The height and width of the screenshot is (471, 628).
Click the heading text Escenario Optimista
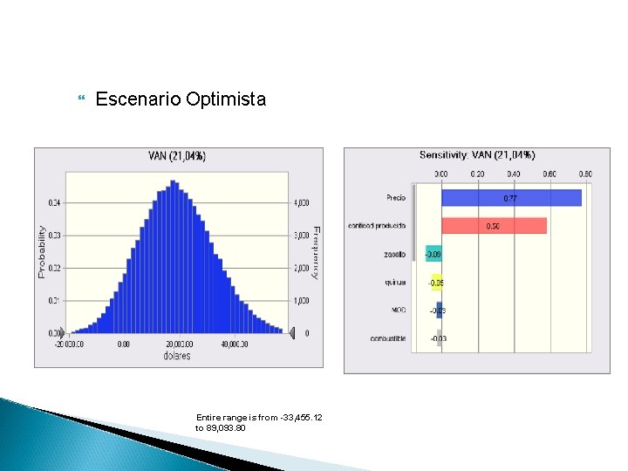pos(181,99)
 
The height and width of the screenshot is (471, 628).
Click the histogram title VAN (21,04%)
pos(177,156)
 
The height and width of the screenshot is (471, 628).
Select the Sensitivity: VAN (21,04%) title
pos(477,155)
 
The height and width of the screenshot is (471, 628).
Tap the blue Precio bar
pos(511,198)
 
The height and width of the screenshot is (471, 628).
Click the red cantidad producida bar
pos(494,226)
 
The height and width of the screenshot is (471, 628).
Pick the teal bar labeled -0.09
pos(433,254)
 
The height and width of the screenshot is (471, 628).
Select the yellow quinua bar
pos(436,283)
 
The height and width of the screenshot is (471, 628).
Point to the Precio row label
pos(396,197)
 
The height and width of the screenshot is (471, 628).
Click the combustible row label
pos(387,338)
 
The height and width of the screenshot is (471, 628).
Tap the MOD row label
pos(399,311)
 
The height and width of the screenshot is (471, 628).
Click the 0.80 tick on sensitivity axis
pos(584,174)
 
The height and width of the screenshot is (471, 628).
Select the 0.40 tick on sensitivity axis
pos(513,174)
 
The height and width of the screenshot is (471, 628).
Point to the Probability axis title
pos(41,251)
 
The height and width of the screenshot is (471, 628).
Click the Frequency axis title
pos(316,251)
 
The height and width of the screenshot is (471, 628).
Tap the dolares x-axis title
pos(178,356)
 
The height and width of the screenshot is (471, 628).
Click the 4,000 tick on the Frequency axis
pos(301,203)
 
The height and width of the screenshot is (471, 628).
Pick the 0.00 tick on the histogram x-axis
pos(123,345)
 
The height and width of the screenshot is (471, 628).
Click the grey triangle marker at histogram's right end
pos(293,332)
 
